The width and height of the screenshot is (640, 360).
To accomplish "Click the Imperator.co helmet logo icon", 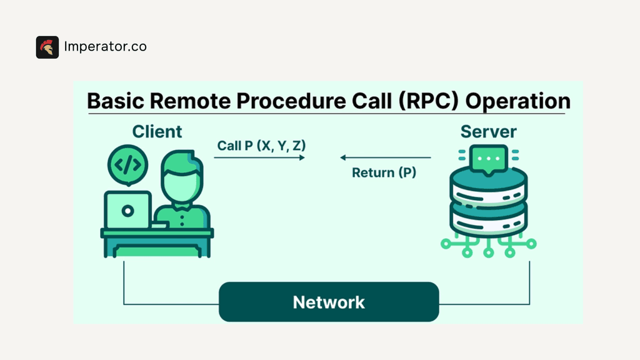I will tap(47, 47).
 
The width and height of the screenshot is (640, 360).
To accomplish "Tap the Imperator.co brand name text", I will tap(106, 47).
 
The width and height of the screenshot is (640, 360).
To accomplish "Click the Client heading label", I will tap(157, 132).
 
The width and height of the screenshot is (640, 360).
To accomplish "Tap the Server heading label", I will tap(488, 132).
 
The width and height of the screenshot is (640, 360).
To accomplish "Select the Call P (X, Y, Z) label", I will tap(261, 146).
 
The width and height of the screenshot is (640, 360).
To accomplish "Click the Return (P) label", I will tap(384, 172).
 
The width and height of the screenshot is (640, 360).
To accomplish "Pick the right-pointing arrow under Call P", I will tap(259, 158).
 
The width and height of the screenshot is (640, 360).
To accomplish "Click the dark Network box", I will tap(329, 302).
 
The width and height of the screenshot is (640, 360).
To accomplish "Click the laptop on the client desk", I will tap(127, 211).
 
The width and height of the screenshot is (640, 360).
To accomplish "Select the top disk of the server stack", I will tap(488, 181).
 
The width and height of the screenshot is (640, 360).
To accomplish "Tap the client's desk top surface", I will tap(157, 233).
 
